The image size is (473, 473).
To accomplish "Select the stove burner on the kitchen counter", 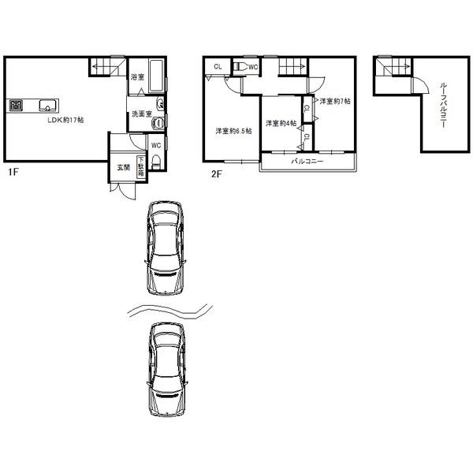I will (17, 103).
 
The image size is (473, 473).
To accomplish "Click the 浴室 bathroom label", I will (137, 78).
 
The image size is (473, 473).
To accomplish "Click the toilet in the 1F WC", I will (155, 162).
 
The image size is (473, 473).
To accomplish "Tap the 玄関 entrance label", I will (124, 167).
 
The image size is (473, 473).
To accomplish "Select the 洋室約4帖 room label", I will (280, 123).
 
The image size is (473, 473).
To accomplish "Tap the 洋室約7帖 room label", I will (335, 101).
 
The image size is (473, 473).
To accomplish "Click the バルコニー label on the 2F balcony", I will (307, 162).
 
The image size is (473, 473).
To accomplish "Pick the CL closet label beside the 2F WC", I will (218, 67).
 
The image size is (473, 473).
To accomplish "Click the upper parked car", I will (166, 247).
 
